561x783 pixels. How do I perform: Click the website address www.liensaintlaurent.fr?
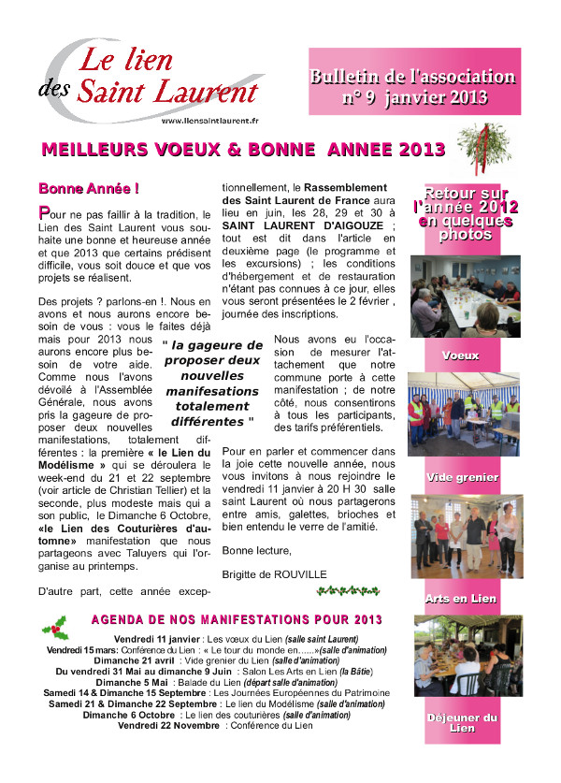(x=209, y=121)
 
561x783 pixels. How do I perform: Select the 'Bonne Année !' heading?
(x=88, y=188)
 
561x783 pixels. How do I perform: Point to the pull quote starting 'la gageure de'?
(x=211, y=384)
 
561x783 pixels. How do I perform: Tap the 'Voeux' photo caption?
(x=465, y=356)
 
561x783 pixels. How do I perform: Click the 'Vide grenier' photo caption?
(x=465, y=477)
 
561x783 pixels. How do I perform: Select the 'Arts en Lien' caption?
(x=465, y=599)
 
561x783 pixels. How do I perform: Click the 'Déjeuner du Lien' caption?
(x=465, y=722)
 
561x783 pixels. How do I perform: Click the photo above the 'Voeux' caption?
(x=465, y=297)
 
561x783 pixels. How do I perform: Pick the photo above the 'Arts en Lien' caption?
(x=465, y=539)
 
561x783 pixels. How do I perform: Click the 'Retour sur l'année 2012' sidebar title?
(x=465, y=213)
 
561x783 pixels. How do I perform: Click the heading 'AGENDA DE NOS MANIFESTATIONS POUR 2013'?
(x=251, y=620)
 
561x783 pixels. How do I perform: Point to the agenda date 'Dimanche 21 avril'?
(x=138, y=660)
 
